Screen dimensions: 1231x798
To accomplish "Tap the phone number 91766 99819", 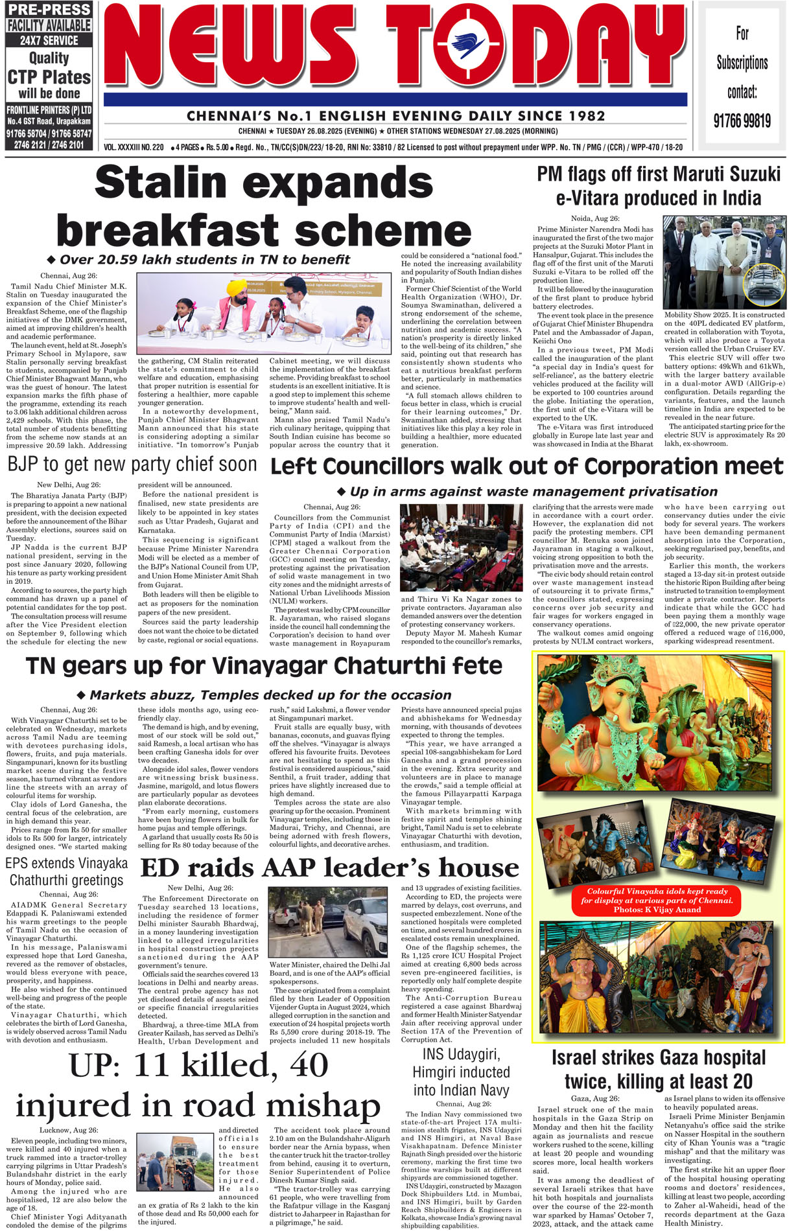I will [742, 121].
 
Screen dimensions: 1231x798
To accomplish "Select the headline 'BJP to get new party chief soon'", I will [132, 464].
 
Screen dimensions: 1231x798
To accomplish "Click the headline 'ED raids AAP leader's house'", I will [329, 868].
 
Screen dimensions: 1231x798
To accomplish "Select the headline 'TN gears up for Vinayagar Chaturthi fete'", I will [264, 665].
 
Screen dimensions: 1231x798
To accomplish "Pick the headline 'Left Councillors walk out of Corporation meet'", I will [526, 466].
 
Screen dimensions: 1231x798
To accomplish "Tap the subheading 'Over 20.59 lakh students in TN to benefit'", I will [204, 260].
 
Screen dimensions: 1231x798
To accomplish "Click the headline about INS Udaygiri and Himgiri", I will [461, 1072].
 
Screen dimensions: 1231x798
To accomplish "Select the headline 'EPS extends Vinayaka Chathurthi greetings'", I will [66, 871].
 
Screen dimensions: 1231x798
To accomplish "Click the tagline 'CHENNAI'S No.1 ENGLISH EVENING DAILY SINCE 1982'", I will [395, 116].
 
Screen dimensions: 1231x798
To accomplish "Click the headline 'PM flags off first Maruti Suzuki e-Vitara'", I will [659, 186].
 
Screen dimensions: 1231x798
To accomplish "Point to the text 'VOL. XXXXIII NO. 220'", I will [134, 148].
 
